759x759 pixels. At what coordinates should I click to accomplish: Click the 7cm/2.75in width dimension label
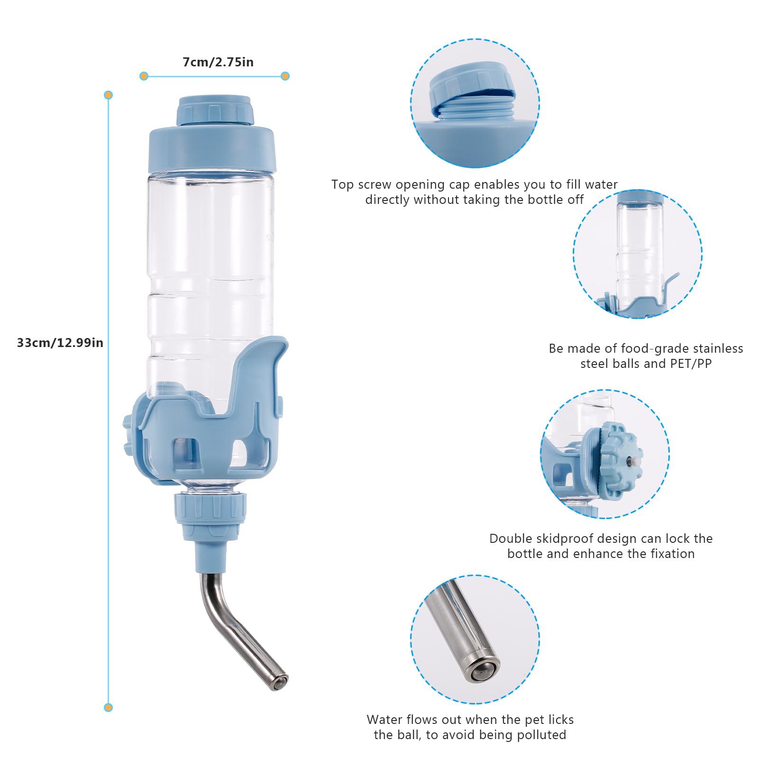point(218,62)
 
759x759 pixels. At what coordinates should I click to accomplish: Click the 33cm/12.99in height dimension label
point(60,342)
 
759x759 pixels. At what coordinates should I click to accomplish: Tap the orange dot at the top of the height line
point(109,95)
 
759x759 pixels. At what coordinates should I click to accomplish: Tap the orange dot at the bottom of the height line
point(109,707)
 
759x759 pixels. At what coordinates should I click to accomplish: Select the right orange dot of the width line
point(285,76)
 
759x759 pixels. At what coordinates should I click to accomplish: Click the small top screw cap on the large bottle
point(215,110)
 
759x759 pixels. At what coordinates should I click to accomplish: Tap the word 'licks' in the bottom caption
point(559,733)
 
